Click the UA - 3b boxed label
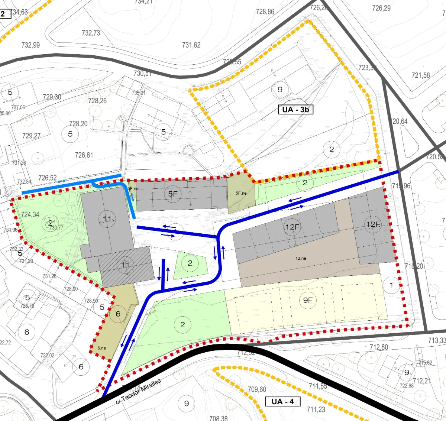coord(295,109)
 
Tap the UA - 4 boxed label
coord(282,401)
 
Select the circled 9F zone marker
coord(308,300)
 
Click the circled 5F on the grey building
coord(173,194)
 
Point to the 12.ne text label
coord(301,258)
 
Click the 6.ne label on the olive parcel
coord(101,348)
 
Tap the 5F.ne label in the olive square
coord(241,193)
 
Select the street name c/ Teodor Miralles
coord(138,391)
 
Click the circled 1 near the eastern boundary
coord(391,285)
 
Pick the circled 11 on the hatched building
coord(125,265)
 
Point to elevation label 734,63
coord(19,12)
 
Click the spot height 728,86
coord(265,12)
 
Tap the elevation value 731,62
coord(191,45)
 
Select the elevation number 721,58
coord(420,75)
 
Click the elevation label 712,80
coord(379,347)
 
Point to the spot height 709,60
coord(257,389)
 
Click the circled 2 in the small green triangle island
coord(190,263)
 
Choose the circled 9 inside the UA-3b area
coord(280,90)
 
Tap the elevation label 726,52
coord(48,178)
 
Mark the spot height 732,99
coord(30,45)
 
